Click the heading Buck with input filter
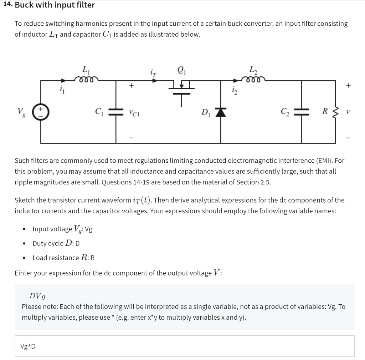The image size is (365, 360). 55,5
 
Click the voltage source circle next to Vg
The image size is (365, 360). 41,112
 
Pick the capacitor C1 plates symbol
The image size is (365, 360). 116,112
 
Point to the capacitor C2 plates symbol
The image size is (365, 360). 302,112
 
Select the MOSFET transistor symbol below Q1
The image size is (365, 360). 182,87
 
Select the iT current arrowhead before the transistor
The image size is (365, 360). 155,81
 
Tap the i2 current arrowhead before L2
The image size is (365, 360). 236,81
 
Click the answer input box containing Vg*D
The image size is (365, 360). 184,346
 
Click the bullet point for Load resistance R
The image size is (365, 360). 24,258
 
